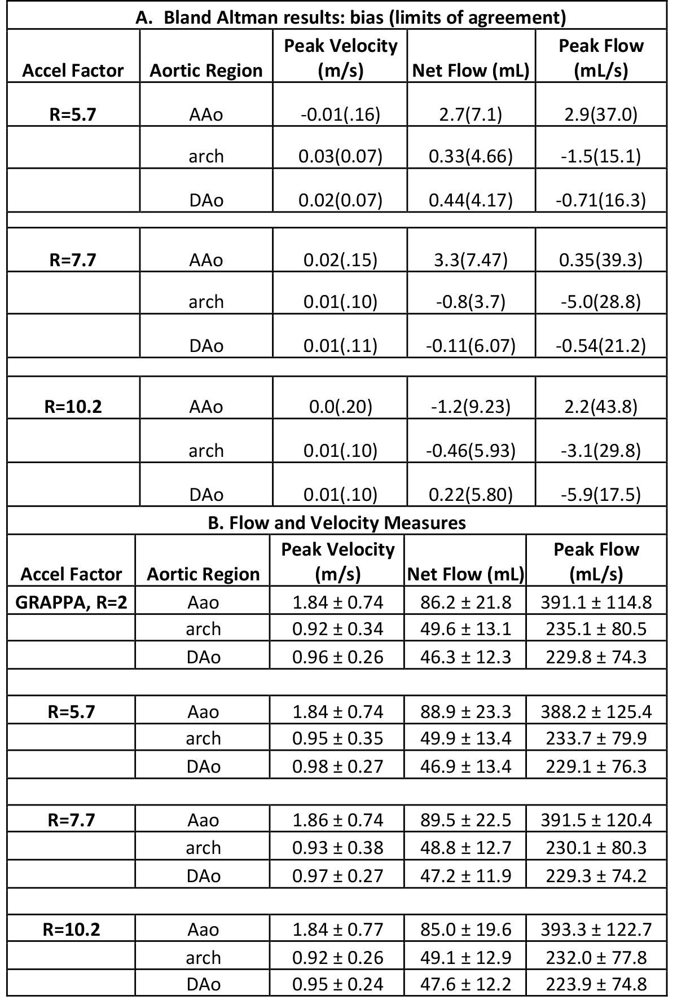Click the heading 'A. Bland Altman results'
(x=350, y=17)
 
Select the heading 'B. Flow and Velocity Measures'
(x=337, y=523)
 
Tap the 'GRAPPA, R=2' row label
(x=71, y=602)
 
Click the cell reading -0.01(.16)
(x=340, y=115)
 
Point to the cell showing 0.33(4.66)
(x=471, y=156)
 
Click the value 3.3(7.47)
(x=471, y=260)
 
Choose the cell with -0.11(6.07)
(x=471, y=345)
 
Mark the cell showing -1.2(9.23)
(x=471, y=407)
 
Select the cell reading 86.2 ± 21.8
(x=466, y=602)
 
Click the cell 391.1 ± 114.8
(x=596, y=602)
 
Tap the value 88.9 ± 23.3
(x=466, y=712)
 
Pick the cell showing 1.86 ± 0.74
(x=337, y=820)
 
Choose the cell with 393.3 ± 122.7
(x=596, y=929)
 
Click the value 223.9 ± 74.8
(x=596, y=984)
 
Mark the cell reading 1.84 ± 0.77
(x=337, y=929)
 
